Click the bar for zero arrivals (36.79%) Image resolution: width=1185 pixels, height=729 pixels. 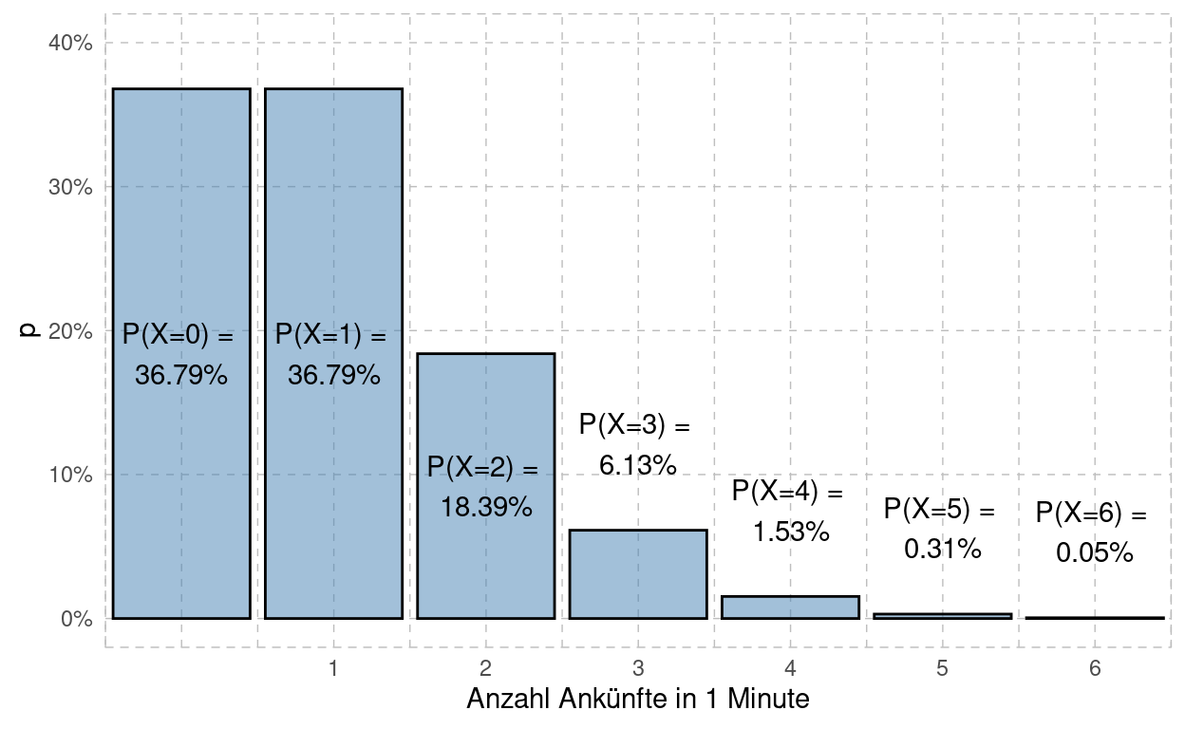(181, 237)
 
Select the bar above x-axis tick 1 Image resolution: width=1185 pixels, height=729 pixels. (333, 237)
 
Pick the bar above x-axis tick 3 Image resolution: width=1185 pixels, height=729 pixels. (638, 574)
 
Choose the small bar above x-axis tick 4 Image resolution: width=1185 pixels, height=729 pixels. (790, 607)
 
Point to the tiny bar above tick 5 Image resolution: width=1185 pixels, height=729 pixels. (942, 616)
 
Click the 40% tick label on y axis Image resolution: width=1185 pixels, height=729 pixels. (70, 43)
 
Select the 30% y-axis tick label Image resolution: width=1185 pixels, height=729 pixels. (70, 187)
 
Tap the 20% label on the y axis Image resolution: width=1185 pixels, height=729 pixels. (70, 331)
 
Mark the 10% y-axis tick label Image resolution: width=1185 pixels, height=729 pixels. (70, 475)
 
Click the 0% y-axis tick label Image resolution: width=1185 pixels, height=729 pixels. (75, 619)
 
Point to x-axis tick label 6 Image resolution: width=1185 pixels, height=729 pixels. (1095, 669)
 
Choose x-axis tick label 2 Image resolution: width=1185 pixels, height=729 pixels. (485, 669)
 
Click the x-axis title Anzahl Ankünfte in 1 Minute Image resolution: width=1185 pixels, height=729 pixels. (638, 701)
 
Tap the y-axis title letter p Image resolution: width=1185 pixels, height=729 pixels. (29, 330)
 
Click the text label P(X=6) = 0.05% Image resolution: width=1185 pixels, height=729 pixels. (1092, 533)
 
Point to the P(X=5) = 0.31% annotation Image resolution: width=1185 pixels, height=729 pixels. (940, 529)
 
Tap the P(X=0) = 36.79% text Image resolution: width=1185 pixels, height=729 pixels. (179, 355)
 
